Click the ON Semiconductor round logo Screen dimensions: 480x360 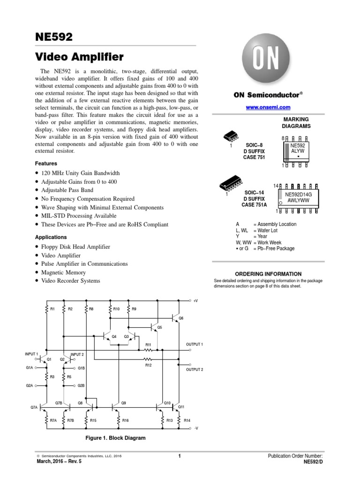coord(266,61)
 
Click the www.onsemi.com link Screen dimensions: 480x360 coord(265,108)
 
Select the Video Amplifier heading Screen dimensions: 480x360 coord(79,57)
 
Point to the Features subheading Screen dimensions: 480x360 coord(46,164)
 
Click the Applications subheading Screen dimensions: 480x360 coord(51,237)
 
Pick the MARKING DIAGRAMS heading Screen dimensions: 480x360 coord(296,123)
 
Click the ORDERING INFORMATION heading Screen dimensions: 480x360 coord(268,274)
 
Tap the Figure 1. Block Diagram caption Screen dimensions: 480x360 coord(115,438)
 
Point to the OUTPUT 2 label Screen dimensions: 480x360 coord(195,369)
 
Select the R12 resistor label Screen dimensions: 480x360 coord(149,365)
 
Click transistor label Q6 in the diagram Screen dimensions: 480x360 coord(181,318)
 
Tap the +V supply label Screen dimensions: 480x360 coord(195,300)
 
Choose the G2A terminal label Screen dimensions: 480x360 coord(30,385)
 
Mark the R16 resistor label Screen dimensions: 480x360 coord(125,420)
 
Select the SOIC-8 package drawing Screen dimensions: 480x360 coord(231,136)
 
